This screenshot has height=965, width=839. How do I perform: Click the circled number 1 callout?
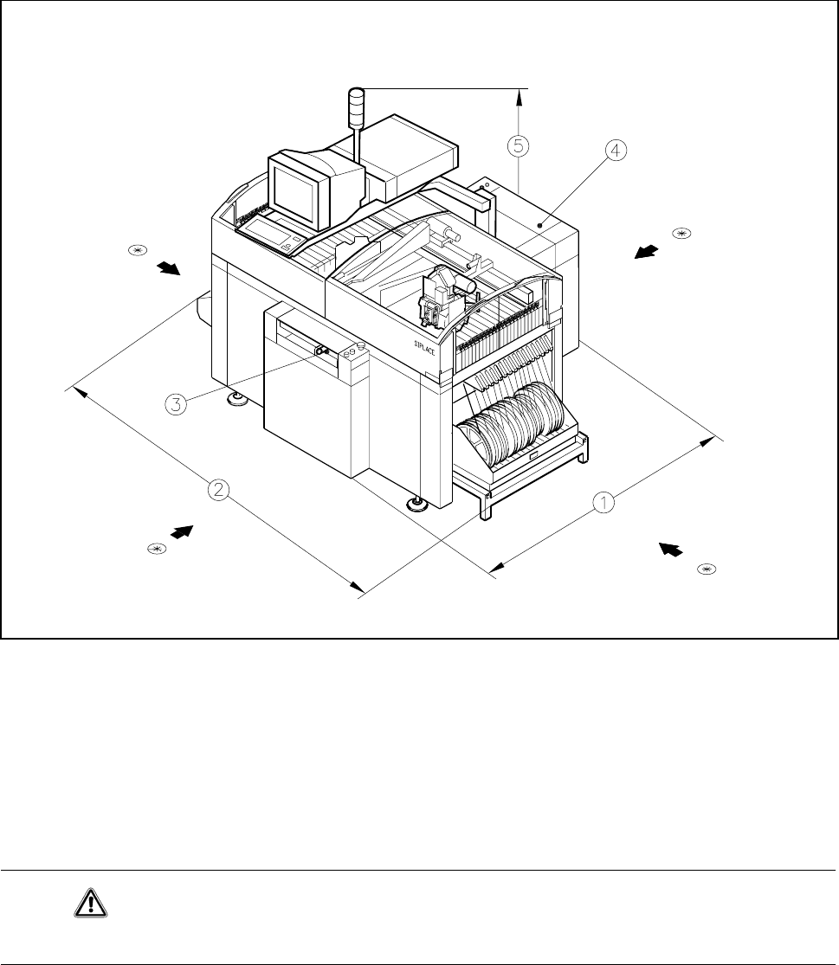click(x=603, y=501)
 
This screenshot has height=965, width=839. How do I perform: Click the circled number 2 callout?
click(x=219, y=490)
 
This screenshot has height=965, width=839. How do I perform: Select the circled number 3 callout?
click(x=175, y=403)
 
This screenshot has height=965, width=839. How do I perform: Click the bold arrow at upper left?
click(x=171, y=267)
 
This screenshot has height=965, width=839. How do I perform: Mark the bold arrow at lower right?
click(x=670, y=550)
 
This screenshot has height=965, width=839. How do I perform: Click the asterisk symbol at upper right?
click(x=681, y=233)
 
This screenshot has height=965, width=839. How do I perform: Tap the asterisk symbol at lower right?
click(x=707, y=569)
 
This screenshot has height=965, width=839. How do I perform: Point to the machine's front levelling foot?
click(x=419, y=504)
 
